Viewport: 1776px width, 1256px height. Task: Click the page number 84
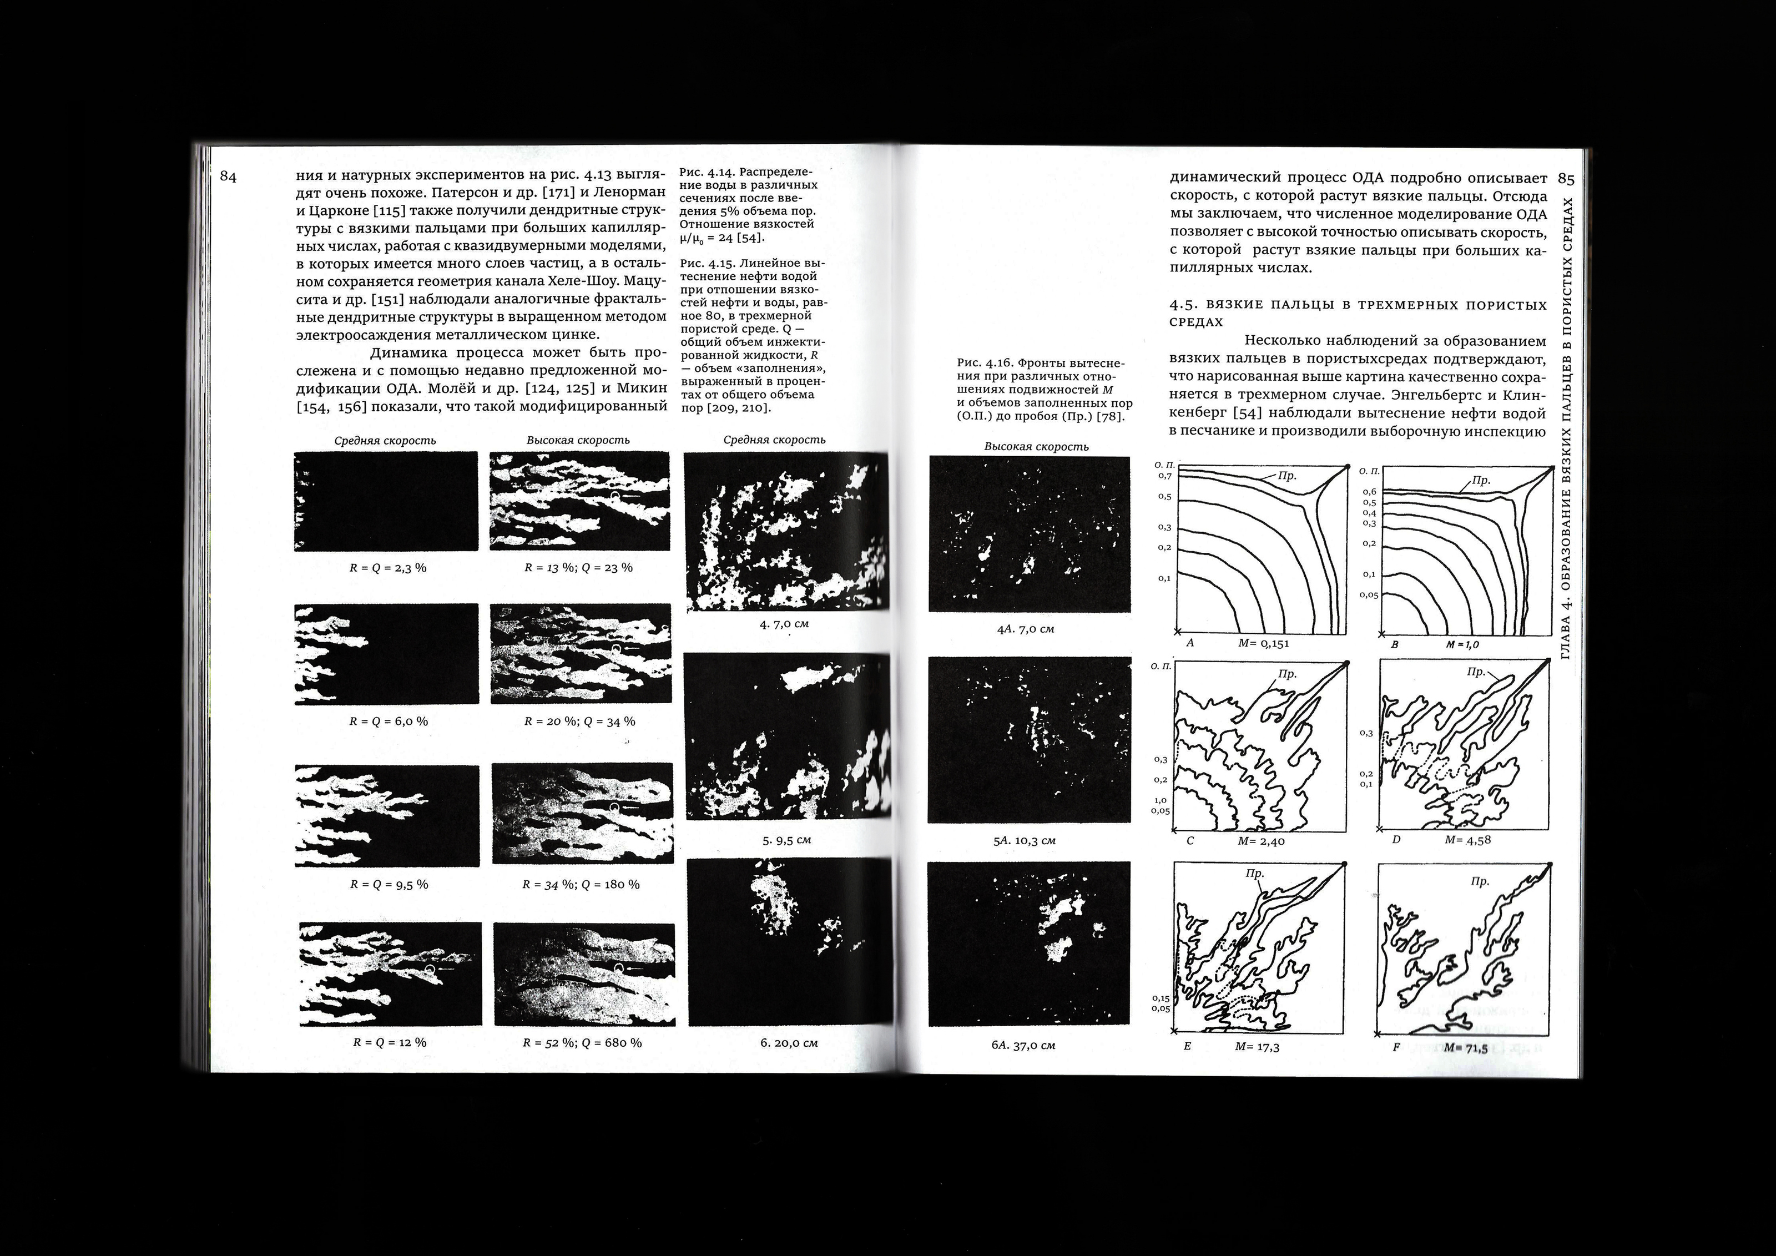coord(228,176)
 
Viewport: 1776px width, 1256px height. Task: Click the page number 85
coord(1566,179)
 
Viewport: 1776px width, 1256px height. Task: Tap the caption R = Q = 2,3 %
coord(387,568)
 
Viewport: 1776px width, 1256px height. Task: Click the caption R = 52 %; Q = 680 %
coord(582,1042)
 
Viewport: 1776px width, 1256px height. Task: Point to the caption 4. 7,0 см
coord(784,623)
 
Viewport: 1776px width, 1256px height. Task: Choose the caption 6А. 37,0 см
coord(1023,1045)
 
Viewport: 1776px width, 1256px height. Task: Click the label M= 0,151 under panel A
coord(1263,643)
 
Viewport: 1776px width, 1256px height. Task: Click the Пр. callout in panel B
coord(1481,480)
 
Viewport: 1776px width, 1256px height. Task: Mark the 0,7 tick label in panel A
coord(1164,476)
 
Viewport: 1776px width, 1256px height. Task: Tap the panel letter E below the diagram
coord(1187,1046)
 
